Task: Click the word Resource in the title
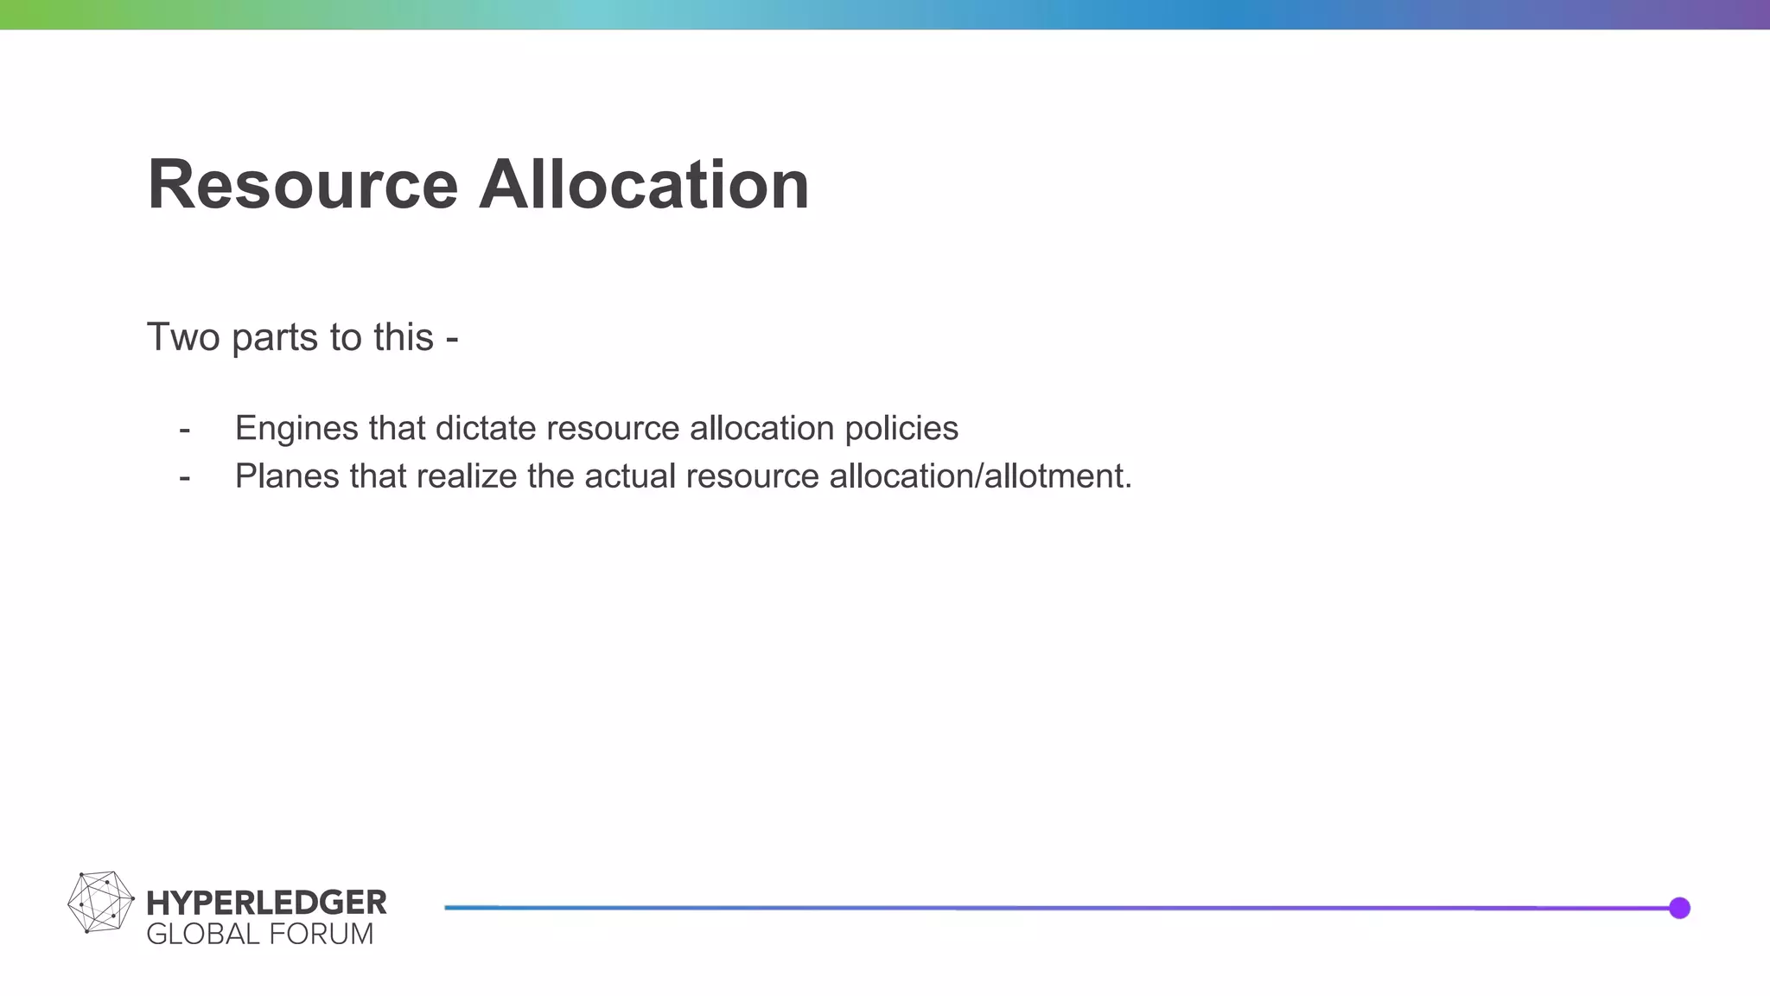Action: click(302, 184)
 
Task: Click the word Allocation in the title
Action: click(644, 184)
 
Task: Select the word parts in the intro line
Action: click(274, 338)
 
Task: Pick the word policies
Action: click(901, 429)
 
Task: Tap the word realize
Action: click(466, 476)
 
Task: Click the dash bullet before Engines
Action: click(184, 429)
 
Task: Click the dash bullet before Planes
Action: click(184, 476)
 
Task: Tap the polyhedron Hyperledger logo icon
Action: click(100, 903)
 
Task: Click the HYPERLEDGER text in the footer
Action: click(266, 903)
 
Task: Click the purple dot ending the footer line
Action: click(1679, 908)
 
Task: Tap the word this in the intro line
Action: click(404, 336)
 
